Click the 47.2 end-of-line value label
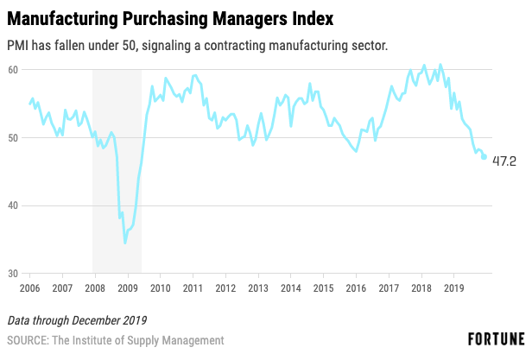coord(504,161)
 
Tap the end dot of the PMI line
coord(484,156)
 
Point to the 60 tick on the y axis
coord(15,69)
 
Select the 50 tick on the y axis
coord(15,137)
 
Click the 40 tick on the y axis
coord(15,205)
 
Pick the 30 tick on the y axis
coord(15,274)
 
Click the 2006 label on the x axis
coord(29,287)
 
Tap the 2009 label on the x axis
coord(128,287)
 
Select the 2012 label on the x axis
coord(225,287)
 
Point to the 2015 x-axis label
coord(324,287)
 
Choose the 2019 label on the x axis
coord(454,287)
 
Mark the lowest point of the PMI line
coord(125,243)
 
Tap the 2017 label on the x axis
coord(389,287)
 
